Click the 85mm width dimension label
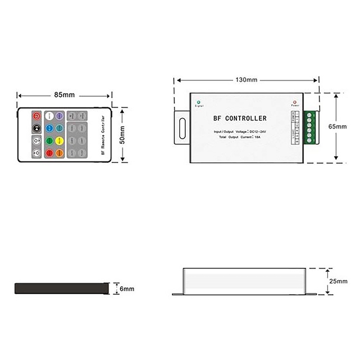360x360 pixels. click(64, 95)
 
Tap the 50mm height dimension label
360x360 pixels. click(122, 135)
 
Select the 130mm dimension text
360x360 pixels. click(246, 80)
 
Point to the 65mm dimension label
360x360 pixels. click(337, 126)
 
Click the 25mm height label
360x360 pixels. click(338, 281)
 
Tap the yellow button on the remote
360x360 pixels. click(58, 140)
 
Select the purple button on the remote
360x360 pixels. click(58, 116)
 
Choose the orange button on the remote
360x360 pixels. click(58, 153)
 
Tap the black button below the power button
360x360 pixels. click(36, 128)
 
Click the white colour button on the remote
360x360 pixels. click(49, 116)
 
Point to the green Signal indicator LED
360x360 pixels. click(199, 102)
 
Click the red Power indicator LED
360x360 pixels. click(295, 102)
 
